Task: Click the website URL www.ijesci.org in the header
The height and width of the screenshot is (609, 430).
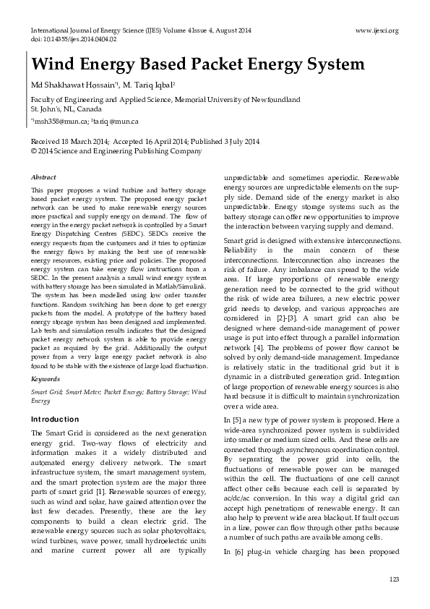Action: coord(377,31)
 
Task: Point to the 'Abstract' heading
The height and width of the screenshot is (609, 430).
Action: coord(45,176)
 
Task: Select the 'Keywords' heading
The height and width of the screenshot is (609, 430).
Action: coord(46,378)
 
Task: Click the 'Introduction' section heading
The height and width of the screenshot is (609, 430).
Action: coord(55,420)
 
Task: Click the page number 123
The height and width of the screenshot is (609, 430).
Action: coord(394,580)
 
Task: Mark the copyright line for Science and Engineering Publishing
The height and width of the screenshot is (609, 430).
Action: coord(116,151)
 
